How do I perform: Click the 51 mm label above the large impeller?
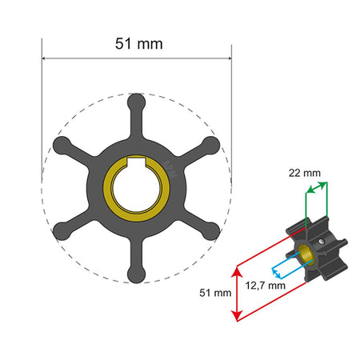(x=136, y=44)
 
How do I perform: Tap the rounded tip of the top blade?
(x=136, y=101)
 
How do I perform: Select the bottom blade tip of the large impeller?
(x=136, y=275)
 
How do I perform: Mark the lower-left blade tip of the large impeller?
(x=61, y=232)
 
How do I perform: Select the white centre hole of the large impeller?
(x=136, y=190)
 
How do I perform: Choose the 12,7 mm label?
(x=265, y=284)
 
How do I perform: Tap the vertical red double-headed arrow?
(x=235, y=294)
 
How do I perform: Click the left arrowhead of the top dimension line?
(x=45, y=58)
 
